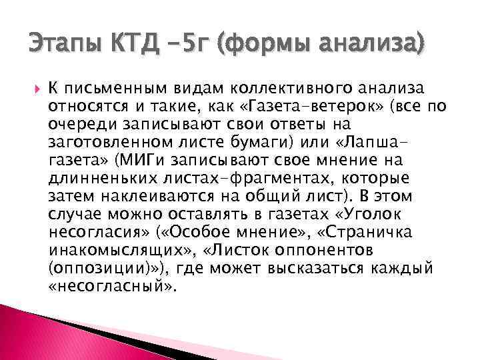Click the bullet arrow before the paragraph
[35, 88]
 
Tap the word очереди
[81, 124]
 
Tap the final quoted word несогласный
[112, 287]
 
